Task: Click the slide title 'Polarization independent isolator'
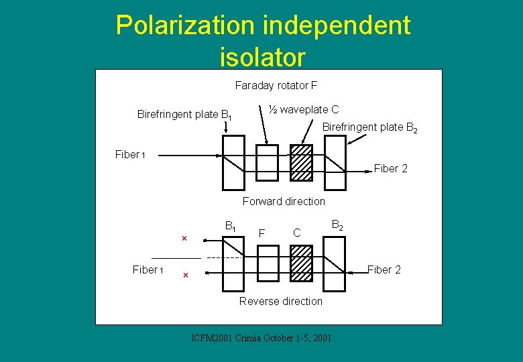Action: tap(262, 41)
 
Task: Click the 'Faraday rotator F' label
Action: tap(276, 86)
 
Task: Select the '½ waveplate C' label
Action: tap(304, 109)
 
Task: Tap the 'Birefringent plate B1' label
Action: tap(184, 115)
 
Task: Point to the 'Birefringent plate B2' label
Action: tap(370, 127)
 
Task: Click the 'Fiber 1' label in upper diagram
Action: tap(130, 154)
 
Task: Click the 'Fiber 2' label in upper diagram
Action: tap(390, 168)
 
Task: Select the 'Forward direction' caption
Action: tap(284, 201)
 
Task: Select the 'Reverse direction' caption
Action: tap(281, 301)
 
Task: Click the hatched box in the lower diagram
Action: tap(301, 263)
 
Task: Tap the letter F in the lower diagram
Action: tap(261, 233)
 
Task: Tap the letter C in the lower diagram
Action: tap(296, 233)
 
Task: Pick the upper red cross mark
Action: tap(184, 238)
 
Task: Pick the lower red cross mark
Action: tap(186, 275)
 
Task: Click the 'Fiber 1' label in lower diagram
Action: tap(148, 269)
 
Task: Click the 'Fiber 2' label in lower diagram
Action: tap(384, 269)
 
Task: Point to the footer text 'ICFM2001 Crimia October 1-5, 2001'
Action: tap(261, 338)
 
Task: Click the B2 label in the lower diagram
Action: tap(338, 227)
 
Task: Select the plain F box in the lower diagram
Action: tap(268, 263)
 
